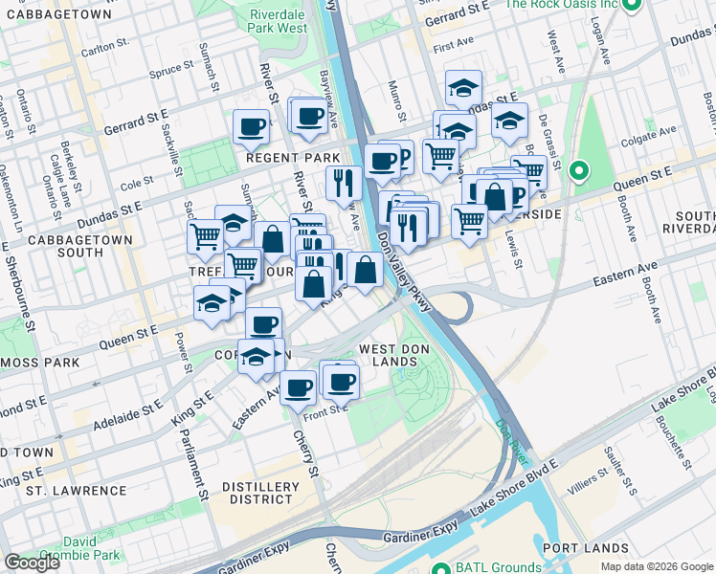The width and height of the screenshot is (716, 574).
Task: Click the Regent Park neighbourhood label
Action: coord(294,157)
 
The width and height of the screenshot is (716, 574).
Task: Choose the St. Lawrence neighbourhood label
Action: coord(77,490)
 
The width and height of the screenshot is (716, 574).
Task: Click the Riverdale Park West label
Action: coord(278,21)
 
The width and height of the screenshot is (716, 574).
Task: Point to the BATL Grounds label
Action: coord(491,566)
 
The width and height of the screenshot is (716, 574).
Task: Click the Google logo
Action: coord(33,563)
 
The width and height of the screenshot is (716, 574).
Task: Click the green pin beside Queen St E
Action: coord(578,172)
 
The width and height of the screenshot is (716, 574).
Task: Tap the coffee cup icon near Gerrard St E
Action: coord(251,126)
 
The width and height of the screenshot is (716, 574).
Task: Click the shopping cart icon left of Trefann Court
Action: coord(206,235)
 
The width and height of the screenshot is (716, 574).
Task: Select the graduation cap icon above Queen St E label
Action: coord(211,304)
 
